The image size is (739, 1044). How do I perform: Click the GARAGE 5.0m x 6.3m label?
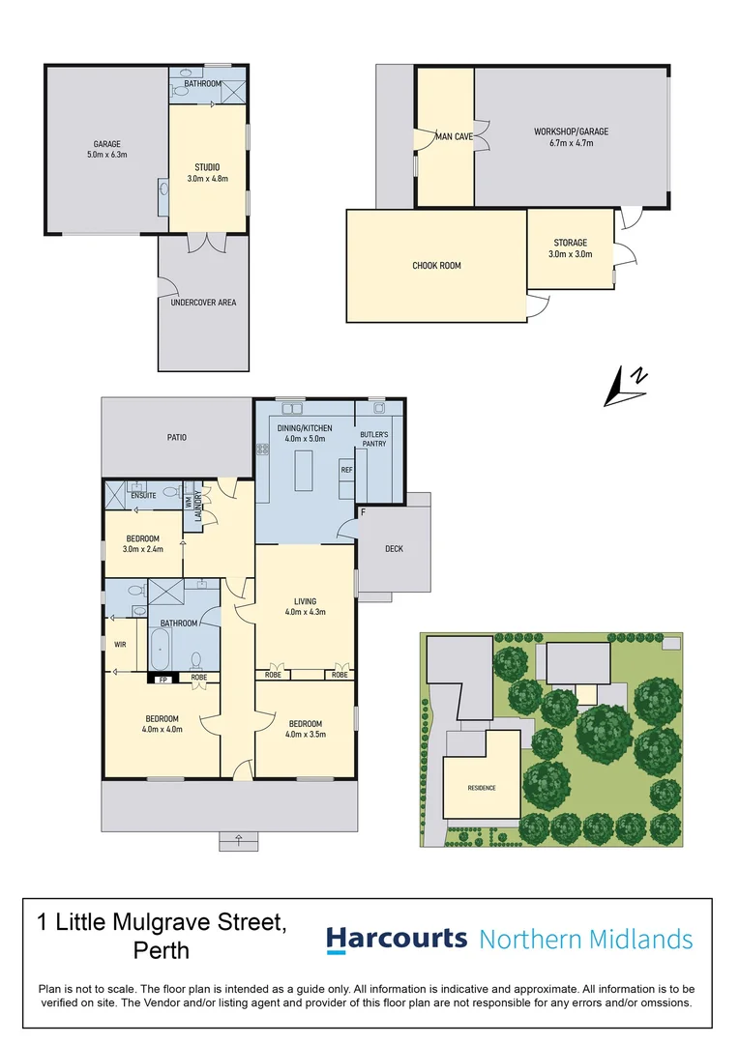pos(106,149)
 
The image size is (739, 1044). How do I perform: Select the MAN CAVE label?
pos(454,137)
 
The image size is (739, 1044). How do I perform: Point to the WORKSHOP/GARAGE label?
pos(571,137)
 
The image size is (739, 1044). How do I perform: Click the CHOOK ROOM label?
pos(436,265)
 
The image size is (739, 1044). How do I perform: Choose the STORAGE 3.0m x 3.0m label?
pos(571,248)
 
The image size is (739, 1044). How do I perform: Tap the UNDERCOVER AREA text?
pos(202,303)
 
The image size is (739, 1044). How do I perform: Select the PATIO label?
pos(175,437)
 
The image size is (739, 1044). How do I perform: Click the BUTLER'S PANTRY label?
pos(373,440)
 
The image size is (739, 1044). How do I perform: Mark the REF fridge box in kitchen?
pos(346,470)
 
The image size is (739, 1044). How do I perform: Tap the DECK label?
pos(394,549)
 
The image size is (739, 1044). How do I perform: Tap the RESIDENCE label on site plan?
pos(482,788)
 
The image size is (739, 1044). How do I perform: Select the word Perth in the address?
pos(161,950)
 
